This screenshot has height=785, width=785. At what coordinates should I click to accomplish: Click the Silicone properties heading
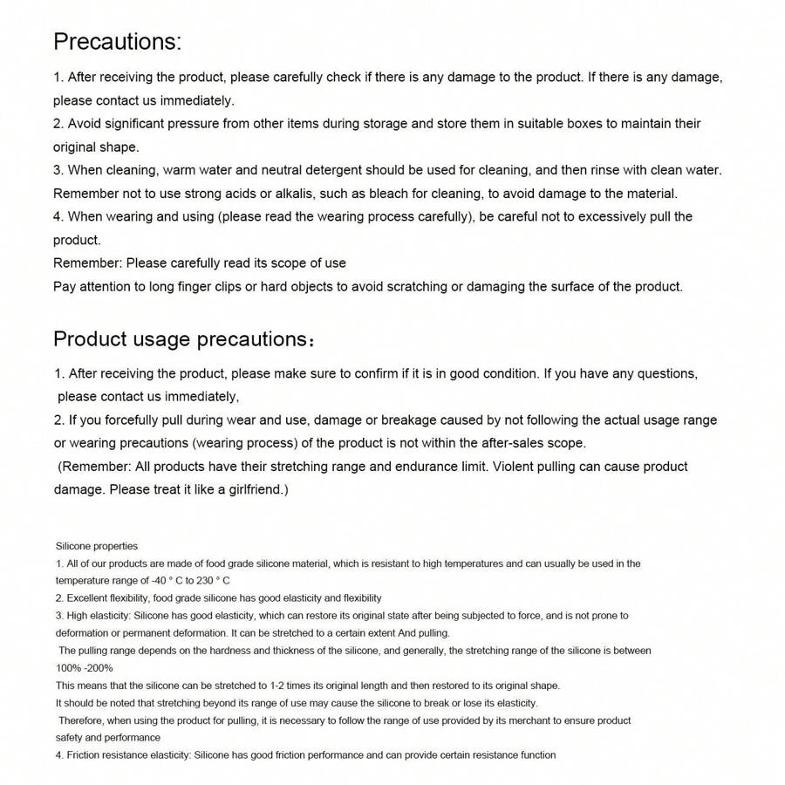click(x=97, y=546)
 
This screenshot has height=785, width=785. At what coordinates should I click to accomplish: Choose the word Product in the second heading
click(x=90, y=338)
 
